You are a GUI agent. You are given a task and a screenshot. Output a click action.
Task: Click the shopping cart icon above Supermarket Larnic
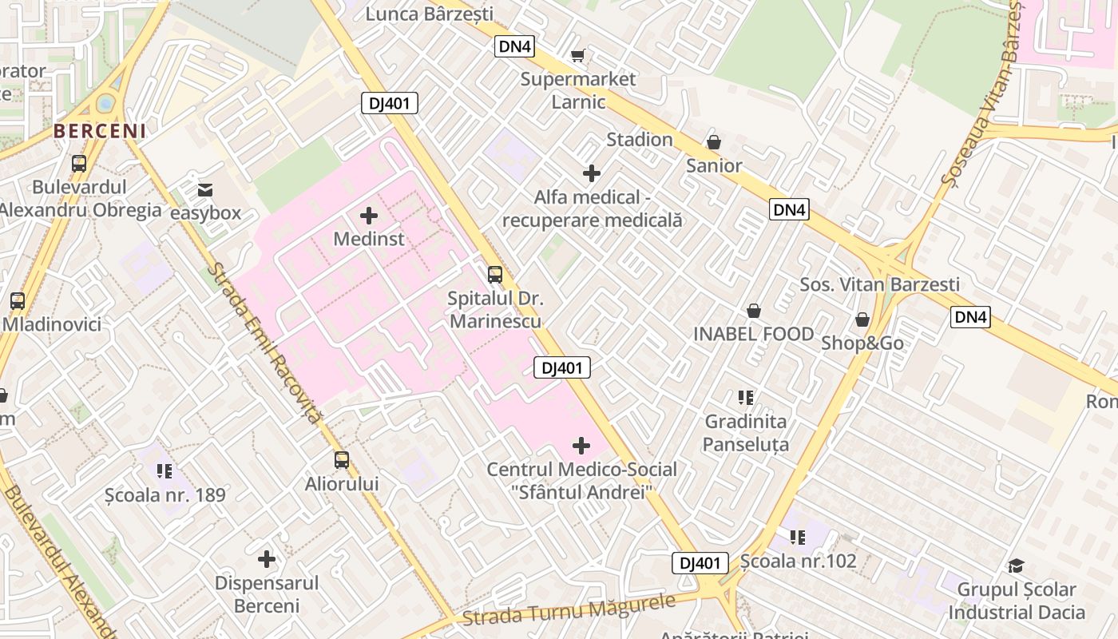pos(578,55)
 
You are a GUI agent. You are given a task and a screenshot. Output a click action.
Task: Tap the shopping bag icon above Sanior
pos(714,142)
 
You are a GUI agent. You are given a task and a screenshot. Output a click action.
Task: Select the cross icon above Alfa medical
pos(592,173)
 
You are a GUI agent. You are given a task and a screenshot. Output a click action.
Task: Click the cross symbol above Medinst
pos(369,215)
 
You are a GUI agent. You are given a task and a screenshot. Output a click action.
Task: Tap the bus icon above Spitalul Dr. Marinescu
pos(495,275)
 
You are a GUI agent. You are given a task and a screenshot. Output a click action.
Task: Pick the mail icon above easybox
pos(205,189)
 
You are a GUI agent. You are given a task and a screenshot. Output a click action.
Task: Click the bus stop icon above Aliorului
pos(342,459)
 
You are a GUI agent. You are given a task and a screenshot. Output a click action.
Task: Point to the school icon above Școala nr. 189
pos(165,471)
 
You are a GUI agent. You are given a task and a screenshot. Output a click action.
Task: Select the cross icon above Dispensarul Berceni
pos(267,559)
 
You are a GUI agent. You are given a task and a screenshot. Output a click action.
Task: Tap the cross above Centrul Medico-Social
pos(581,446)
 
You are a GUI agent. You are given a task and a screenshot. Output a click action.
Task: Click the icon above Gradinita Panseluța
pos(746,397)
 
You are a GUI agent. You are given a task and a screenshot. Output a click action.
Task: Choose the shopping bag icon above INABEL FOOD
pos(753,311)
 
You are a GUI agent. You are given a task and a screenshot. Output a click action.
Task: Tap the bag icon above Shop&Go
pos(862,319)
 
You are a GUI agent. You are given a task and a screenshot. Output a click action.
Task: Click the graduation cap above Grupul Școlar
pos(1016,566)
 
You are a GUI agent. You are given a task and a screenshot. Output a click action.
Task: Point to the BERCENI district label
pos(100,131)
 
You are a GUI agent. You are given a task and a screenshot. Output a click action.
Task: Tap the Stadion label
pos(640,140)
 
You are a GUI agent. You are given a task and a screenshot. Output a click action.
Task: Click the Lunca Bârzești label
pos(430,14)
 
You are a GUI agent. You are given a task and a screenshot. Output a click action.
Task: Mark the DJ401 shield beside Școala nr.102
pos(700,563)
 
